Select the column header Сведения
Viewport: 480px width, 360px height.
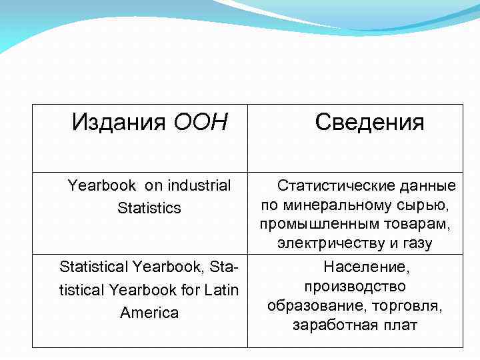[x=369, y=122]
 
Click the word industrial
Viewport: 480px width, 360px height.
[x=199, y=185]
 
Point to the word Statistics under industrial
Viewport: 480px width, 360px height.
[x=149, y=208]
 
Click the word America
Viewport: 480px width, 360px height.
[x=149, y=313]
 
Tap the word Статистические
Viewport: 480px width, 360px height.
[x=335, y=185]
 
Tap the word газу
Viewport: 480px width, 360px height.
[x=416, y=244]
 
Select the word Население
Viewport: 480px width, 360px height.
[x=365, y=267]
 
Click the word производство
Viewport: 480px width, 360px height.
[x=355, y=287]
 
